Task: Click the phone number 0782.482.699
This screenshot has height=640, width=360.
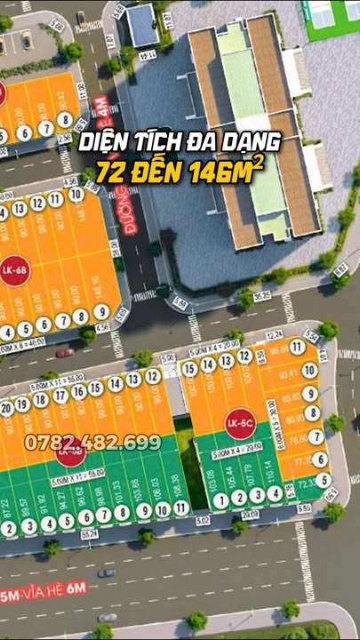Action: (93, 442)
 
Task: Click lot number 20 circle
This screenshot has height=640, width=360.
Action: (7, 408)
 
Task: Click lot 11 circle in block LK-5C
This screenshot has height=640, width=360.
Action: (297, 348)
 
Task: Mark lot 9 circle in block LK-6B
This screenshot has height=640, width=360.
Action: (100, 312)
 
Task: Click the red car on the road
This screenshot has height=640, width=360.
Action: (64, 353)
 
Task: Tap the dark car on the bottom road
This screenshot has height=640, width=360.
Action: (107, 617)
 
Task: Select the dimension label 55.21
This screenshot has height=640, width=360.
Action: (89, 533)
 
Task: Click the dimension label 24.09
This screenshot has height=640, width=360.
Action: (250, 515)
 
